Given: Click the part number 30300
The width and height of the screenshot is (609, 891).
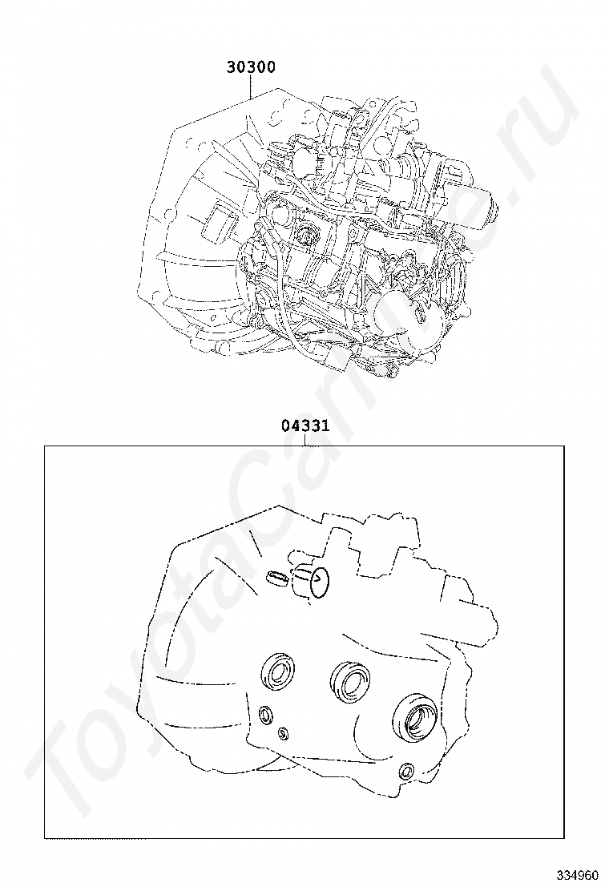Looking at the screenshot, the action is tap(251, 67).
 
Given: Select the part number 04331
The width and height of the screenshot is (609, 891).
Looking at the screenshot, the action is tap(305, 425).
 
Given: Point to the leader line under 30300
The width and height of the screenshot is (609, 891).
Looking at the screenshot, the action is tap(251, 87).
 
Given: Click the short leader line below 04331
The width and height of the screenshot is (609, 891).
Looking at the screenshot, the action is tap(305, 440).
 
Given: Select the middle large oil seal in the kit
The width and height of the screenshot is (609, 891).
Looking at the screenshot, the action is tap(351, 679).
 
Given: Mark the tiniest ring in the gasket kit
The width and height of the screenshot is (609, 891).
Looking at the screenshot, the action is tap(283, 734).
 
